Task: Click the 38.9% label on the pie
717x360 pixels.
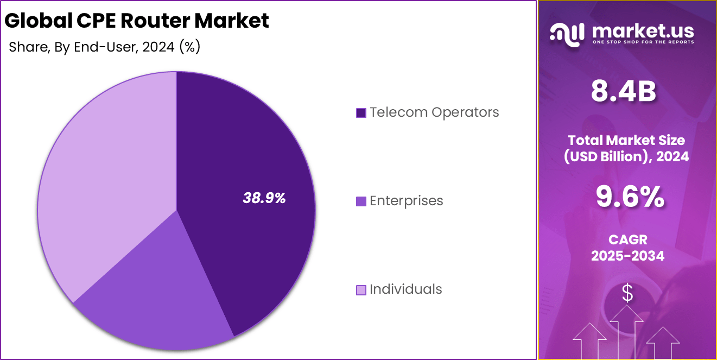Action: (264, 198)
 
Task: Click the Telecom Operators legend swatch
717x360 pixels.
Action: (361, 113)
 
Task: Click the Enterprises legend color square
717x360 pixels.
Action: (361, 201)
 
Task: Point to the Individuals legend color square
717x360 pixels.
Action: (361, 290)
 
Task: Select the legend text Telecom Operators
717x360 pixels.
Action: (434, 112)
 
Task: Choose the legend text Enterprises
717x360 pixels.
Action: (406, 201)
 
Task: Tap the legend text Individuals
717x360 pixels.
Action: (405, 289)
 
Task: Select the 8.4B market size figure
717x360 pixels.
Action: (624, 92)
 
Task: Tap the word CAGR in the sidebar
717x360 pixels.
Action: (627, 239)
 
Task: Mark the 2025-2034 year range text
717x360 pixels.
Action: (627, 256)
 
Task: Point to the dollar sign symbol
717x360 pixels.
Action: (627, 294)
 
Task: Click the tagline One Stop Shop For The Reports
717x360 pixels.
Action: (643, 42)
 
